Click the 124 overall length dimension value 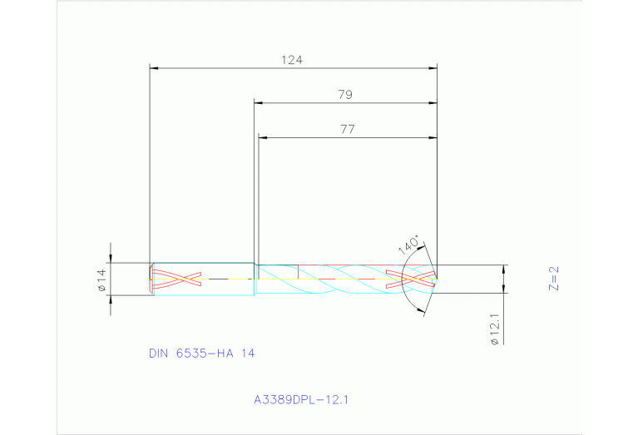(x=291, y=60)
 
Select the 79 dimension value (x=345, y=95)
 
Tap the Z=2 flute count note (x=554, y=278)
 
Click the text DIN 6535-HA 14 (x=201, y=353)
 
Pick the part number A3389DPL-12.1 (x=300, y=400)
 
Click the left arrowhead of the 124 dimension (x=154, y=68)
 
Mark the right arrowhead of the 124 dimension (x=433, y=68)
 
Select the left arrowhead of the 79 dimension (x=259, y=103)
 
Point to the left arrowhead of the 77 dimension (x=263, y=136)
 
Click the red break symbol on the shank (x=176, y=278)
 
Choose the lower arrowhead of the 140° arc (x=424, y=311)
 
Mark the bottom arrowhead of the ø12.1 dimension (x=503, y=296)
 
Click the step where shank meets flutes (x=255, y=279)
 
